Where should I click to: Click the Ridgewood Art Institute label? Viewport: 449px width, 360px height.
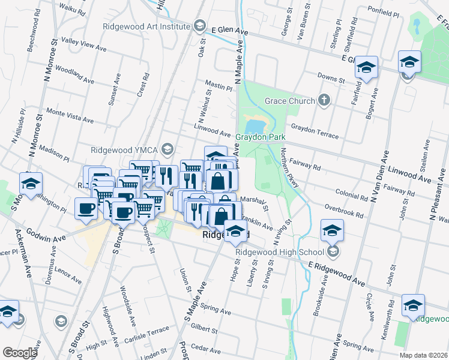[x=146, y=26]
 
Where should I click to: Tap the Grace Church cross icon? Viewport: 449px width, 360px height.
[x=325, y=101]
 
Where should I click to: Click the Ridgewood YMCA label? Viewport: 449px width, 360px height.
[x=125, y=150]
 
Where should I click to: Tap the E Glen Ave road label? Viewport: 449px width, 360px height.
[x=229, y=29]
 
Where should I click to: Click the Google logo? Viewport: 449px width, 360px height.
[x=20, y=353]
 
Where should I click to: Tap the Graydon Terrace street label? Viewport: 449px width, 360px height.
[x=315, y=131]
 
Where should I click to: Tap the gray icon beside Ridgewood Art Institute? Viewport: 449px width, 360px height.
[x=199, y=26]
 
